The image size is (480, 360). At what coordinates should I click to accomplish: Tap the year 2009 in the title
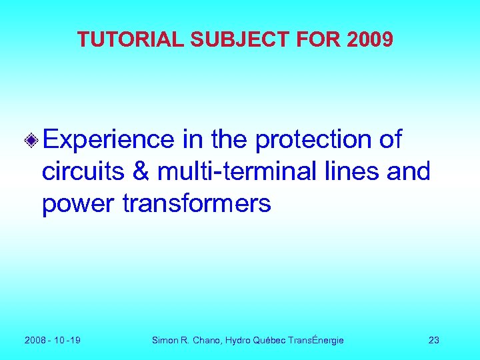(370, 40)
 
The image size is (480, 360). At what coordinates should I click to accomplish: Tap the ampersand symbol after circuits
(141, 172)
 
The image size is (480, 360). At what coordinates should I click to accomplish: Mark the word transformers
(197, 204)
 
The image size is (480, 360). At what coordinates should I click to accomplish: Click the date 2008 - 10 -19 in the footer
(53, 341)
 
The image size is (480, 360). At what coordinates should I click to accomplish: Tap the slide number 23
(434, 341)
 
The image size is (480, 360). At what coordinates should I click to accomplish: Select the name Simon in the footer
(165, 341)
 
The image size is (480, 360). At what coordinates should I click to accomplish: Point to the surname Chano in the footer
(207, 341)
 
